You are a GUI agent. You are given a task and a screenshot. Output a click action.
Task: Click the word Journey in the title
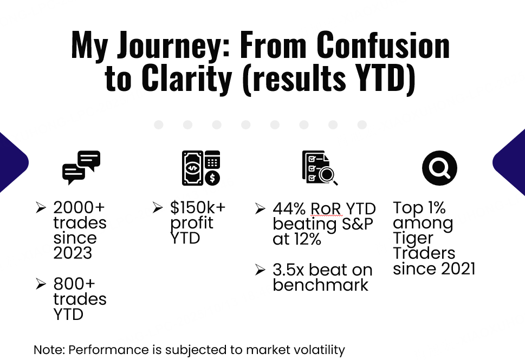click(x=170, y=46)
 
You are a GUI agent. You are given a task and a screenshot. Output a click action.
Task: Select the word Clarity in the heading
click(x=186, y=78)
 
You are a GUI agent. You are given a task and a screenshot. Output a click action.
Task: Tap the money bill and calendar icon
click(x=201, y=168)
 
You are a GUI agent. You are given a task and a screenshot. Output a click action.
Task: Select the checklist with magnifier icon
click(x=320, y=168)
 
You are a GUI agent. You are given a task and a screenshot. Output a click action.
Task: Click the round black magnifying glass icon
click(x=439, y=168)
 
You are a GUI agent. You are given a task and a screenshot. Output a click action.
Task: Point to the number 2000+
click(x=79, y=207)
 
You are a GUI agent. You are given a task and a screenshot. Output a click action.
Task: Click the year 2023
click(x=73, y=253)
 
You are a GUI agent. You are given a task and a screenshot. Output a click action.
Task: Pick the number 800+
click(x=74, y=284)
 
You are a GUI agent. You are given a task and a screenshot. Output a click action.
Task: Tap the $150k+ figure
click(x=198, y=207)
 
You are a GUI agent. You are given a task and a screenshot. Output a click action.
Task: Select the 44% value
click(x=289, y=209)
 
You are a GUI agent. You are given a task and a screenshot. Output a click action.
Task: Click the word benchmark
click(x=320, y=285)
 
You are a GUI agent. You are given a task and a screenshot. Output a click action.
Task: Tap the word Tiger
click(x=413, y=239)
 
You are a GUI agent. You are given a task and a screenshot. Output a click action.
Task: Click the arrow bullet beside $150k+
click(x=158, y=207)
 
